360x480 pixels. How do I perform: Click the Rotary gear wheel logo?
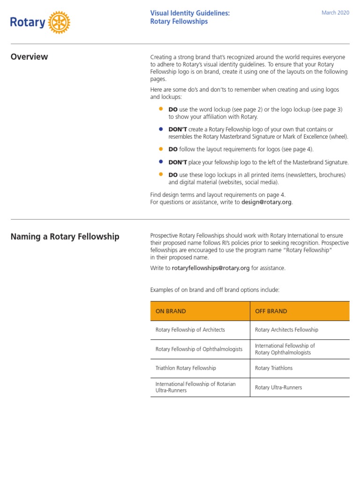tap(59, 22)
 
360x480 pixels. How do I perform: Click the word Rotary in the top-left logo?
tap(28, 22)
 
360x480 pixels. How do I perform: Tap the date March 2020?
tap(335, 13)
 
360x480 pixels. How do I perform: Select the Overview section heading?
tap(29, 57)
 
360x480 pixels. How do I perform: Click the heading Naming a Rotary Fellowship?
tap(65, 237)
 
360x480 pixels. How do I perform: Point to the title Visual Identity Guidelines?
tap(190, 13)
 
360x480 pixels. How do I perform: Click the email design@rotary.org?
tap(267, 202)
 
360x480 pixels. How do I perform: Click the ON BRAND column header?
tap(171, 311)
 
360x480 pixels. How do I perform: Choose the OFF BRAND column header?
tap(271, 311)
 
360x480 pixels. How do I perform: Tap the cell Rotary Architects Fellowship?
tap(286, 330)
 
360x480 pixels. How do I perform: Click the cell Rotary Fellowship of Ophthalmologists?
tap(199, 349)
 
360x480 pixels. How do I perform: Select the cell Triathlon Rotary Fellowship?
tap(186, 368)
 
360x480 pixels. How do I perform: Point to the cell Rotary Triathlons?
tap(274, 368)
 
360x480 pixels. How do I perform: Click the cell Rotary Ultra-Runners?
tap(278, 388)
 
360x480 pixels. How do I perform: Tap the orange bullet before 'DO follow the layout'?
tap(161, 149)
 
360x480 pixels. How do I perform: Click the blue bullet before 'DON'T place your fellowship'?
tap(161, 162)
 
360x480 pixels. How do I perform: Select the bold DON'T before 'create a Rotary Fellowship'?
tap(178, 129)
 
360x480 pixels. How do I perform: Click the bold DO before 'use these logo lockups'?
tap(173, 175)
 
